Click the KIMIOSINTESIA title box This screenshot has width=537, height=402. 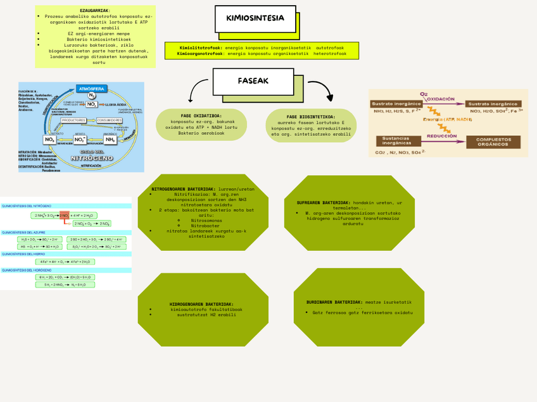pos(255,19)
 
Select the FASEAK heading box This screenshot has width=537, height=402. pos(253,81)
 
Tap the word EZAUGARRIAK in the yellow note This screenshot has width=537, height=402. pos(95,11)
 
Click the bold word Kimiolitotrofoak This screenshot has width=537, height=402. pos(200,48)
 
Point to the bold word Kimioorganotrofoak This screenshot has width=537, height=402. pos(200,54)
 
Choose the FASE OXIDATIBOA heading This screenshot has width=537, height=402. pos(201,116)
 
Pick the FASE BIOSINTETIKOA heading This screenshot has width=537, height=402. pos(311,117)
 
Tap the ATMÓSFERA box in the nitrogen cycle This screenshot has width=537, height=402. pos(92,88)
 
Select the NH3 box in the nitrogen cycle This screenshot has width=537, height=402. pos(110,140)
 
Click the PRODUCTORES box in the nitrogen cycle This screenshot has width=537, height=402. pos(73,120)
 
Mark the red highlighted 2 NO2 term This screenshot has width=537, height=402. pos(64,216)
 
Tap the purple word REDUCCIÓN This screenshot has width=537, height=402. pos(443,136)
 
